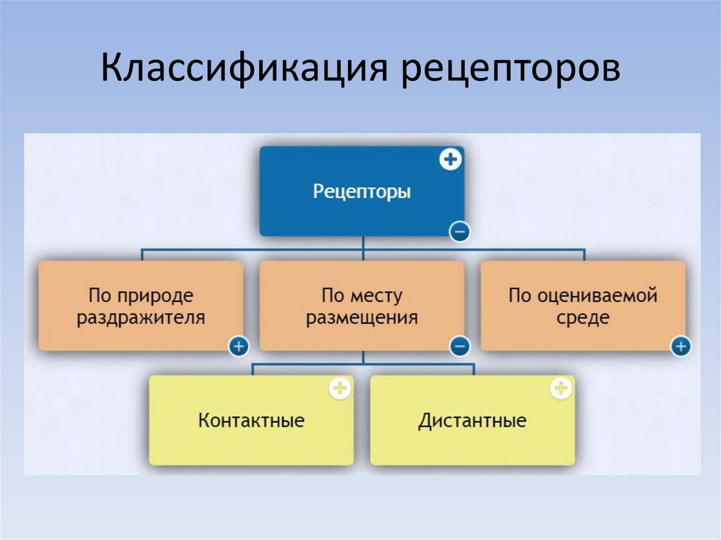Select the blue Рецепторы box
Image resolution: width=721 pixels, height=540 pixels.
[361, 191]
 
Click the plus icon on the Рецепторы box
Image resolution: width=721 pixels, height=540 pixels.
[451, 161]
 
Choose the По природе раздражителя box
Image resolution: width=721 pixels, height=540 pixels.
[141, 306]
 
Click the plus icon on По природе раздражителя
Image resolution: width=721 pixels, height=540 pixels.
[239, 346]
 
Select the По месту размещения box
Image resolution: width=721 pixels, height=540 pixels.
[361, 306]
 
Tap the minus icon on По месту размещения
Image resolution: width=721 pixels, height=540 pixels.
[459, 346]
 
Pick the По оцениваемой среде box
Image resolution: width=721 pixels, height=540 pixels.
[583, 306]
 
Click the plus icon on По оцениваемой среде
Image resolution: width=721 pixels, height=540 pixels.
[681, 346]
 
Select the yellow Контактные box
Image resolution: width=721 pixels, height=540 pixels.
[251, 421]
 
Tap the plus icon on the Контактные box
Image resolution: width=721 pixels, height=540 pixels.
[340, 388]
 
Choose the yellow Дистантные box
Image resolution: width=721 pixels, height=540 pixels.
[472, 421]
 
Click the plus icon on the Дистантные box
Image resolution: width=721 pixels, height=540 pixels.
[561, 388]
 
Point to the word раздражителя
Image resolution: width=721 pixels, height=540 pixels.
[141, 317]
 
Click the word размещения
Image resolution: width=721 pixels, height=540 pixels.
[361, 317]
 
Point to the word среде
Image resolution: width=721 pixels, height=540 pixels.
[583, 317]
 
